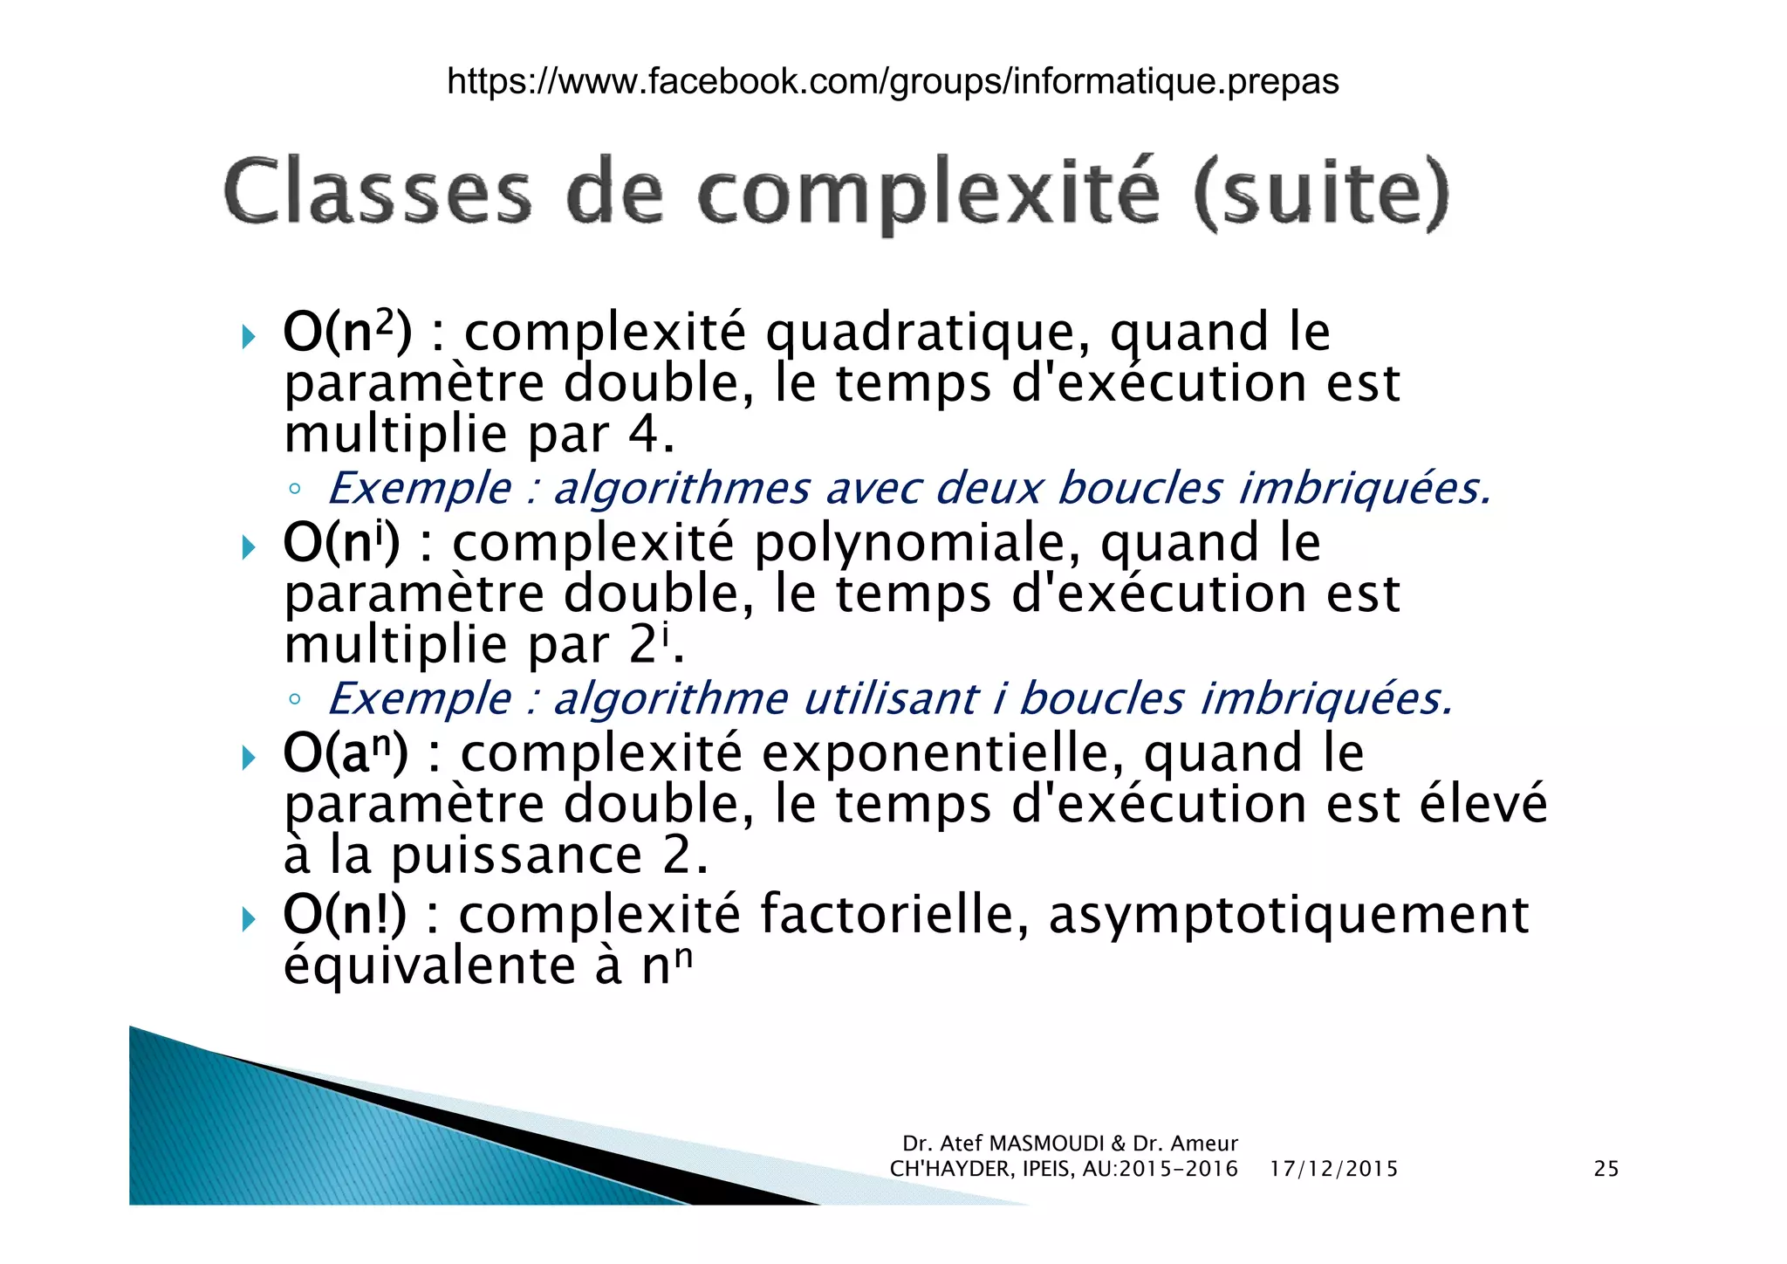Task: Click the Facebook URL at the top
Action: (x=893, y=81)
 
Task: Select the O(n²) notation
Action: (x=346, y=333)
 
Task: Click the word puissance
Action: (x=516, y=855)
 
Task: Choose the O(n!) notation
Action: (x=345, y=915)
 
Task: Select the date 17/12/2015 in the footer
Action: (x=1333, y=1169)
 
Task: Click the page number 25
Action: (x=1606, y=1169)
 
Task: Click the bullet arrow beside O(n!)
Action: (x=249, y=918)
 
